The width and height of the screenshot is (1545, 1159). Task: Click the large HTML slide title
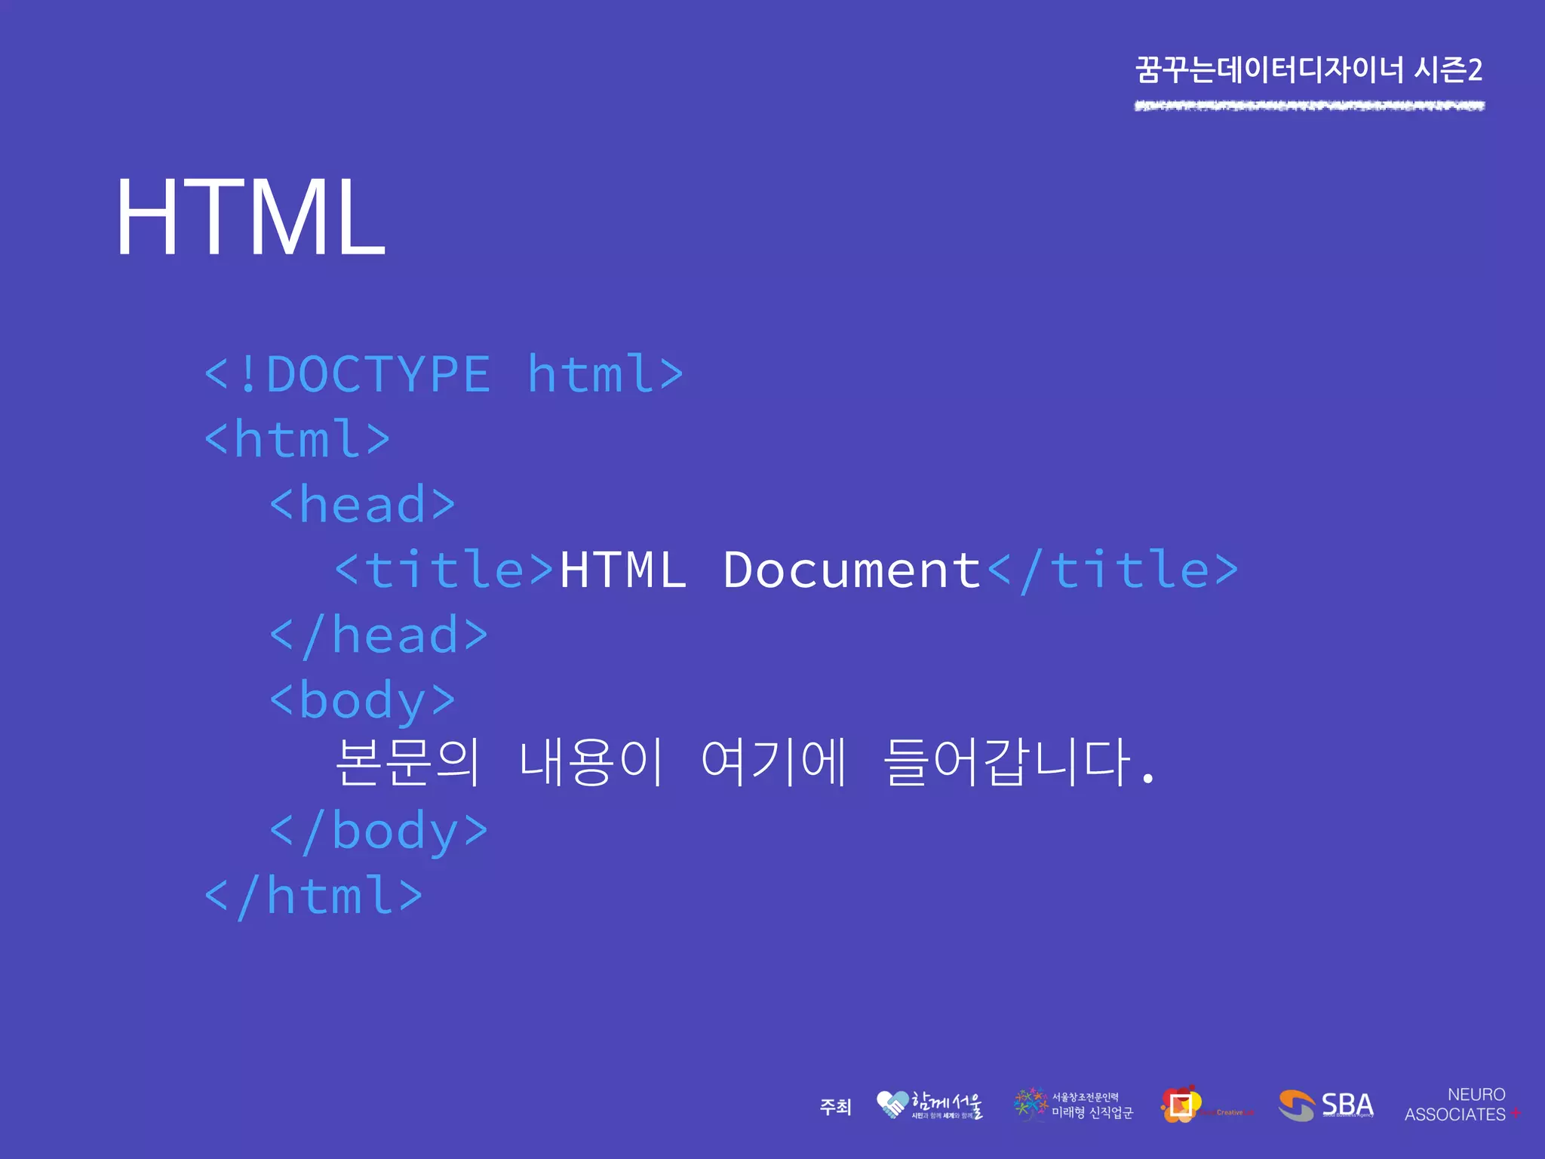[x=250, y=218]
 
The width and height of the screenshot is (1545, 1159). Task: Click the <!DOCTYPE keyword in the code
[x=348, y=374]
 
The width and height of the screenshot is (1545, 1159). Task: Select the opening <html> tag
[x=297, y=439]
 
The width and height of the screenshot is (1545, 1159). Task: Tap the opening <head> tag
[x=363, y=504]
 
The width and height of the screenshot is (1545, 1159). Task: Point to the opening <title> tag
[x=445, y=570]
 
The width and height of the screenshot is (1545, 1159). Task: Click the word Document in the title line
[x=852, y=570]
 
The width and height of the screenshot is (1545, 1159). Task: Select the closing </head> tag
[x=379, y=635]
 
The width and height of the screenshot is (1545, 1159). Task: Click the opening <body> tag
[x=363, y=701]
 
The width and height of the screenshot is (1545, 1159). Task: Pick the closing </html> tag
[x=314, y=896]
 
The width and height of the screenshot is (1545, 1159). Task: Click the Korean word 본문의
[x=407, y=762]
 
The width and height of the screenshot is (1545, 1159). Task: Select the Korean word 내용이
[x=591, y=762]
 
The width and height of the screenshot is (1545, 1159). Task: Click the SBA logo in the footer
[x=1325, y=1106]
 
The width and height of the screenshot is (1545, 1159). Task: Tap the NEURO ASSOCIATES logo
[x=1461, y=1105]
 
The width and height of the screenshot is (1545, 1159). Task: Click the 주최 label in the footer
[x=835, y=1107]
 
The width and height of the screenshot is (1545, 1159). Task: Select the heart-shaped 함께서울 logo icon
[x=892, y=1105]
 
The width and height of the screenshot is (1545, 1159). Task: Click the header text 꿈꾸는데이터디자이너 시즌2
[x=1309, y=70]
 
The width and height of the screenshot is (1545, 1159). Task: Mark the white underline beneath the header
[x=1309, y=106]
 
